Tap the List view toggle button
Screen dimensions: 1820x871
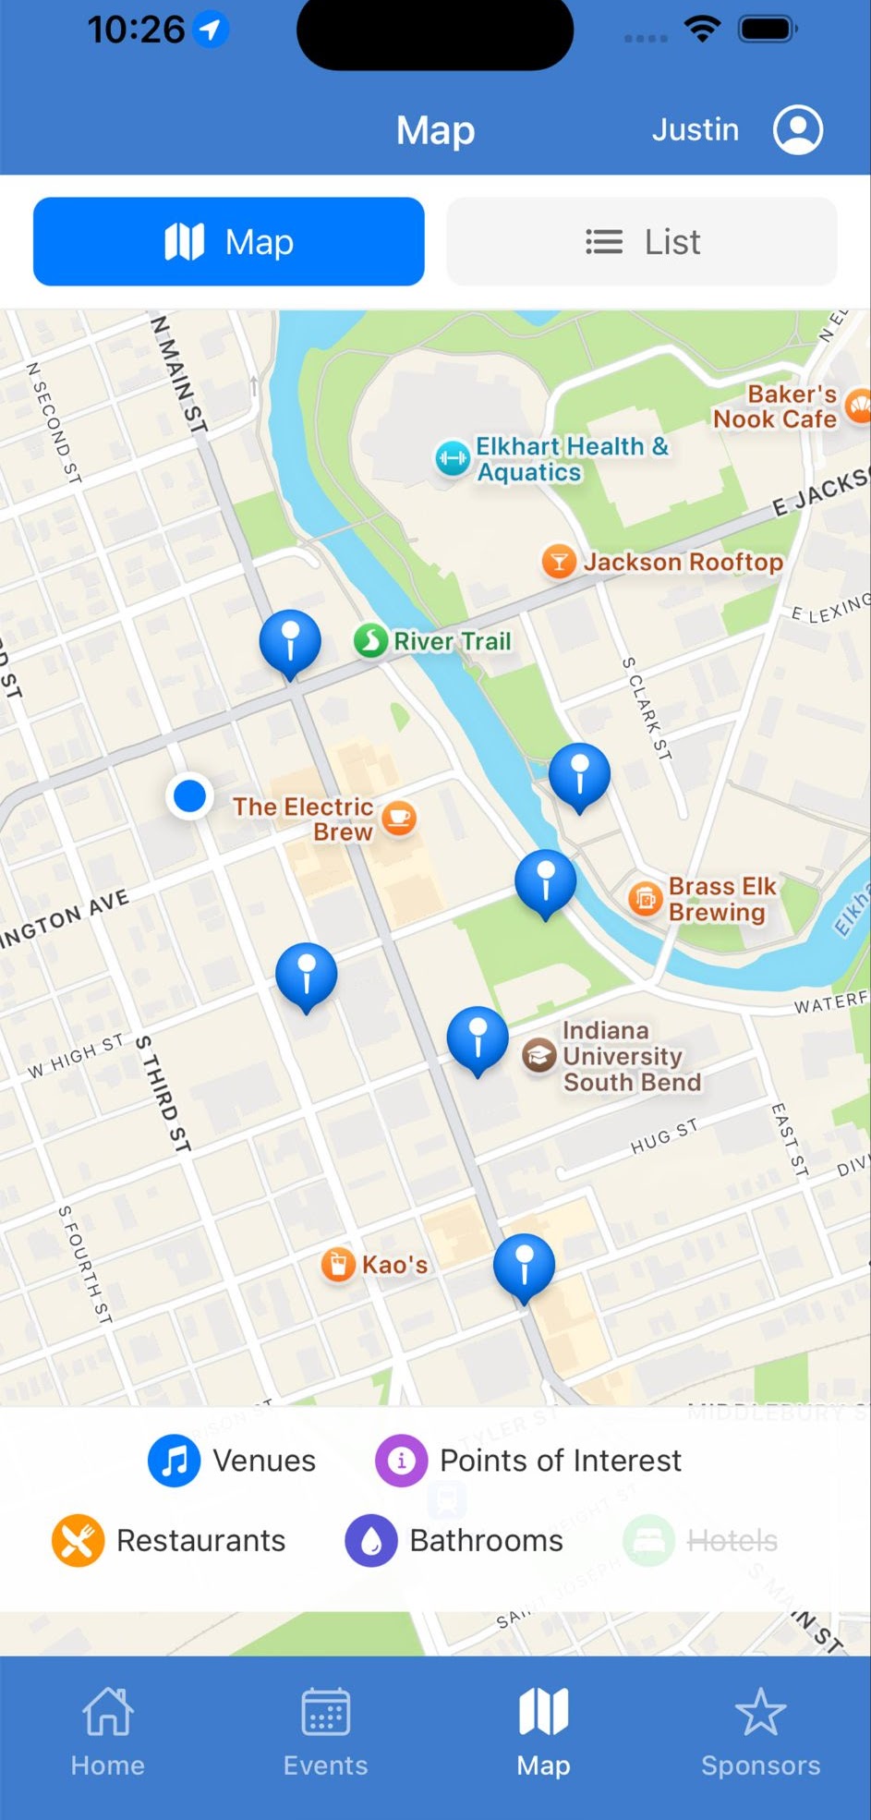[642, 242]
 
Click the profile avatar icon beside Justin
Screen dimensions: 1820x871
[798, 129]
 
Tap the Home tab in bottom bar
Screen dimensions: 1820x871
[108, 1731]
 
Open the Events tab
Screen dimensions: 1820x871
[325, 1731]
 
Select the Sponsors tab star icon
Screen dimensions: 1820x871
[760, 1713]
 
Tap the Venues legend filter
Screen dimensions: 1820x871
[233, 1461]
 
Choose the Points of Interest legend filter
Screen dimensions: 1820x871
[528, 1461]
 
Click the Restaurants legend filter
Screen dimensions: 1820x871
[169, 1541]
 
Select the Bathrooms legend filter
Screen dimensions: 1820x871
[454, 1541]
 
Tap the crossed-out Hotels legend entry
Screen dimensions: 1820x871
[702, 1541]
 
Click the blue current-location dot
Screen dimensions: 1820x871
[190, 795]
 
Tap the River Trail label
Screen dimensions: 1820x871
[452, 641]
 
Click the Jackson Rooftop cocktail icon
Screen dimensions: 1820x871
[558, 561]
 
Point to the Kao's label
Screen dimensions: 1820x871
[394, 1265]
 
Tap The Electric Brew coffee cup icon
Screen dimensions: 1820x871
[399, 818]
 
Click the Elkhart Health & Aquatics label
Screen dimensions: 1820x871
[571, 459]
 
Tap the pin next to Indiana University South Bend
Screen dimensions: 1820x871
[478, 1038]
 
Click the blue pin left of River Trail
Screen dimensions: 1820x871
[290, 640]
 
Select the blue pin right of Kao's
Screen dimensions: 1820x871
[524, 1265]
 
